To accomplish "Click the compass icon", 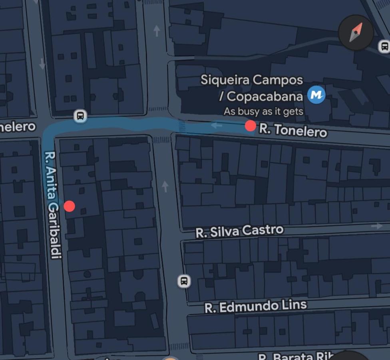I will pos(356,32).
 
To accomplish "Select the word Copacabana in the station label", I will pos(265,96).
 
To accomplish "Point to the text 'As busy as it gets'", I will pos(263,111).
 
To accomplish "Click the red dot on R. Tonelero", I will pos(251,126).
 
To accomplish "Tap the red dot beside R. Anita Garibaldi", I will pos(70,206).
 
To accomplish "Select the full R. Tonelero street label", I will pos(293,130).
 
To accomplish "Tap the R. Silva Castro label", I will pos(239,231).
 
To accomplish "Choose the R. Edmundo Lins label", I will pos(256,306).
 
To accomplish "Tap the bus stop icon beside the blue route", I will pos(80,116).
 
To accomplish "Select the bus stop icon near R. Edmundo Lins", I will pos(184,281).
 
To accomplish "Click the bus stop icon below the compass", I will pos(384,46).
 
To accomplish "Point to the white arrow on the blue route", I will pos(217,126).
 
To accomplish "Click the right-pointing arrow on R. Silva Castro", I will pos(377,226).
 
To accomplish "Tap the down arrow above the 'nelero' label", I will pos(42,64).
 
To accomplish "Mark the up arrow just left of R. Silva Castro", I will pos(165,186).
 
